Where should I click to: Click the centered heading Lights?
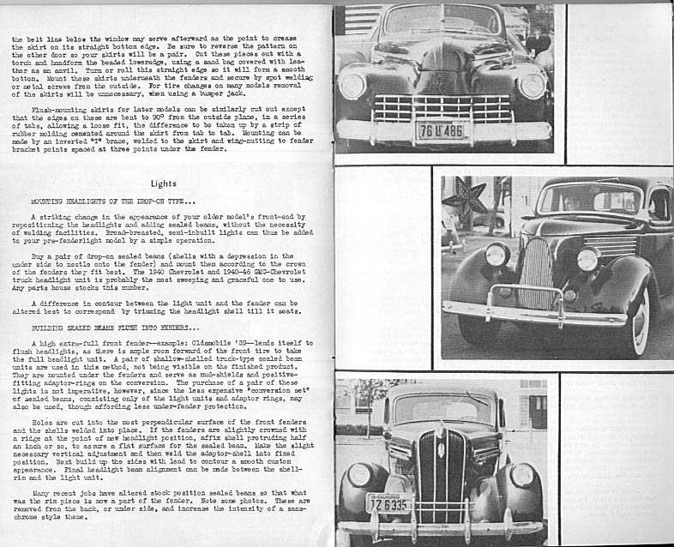coord(163,183)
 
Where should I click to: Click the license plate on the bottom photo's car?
coord(388,503)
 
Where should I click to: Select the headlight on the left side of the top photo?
coord(352,86)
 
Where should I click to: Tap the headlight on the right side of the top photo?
coord(532,86)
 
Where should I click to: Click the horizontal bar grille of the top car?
coord(442,108)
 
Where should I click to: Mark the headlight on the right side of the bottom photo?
coord(521,475)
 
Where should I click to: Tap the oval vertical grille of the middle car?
coord(538,273)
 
